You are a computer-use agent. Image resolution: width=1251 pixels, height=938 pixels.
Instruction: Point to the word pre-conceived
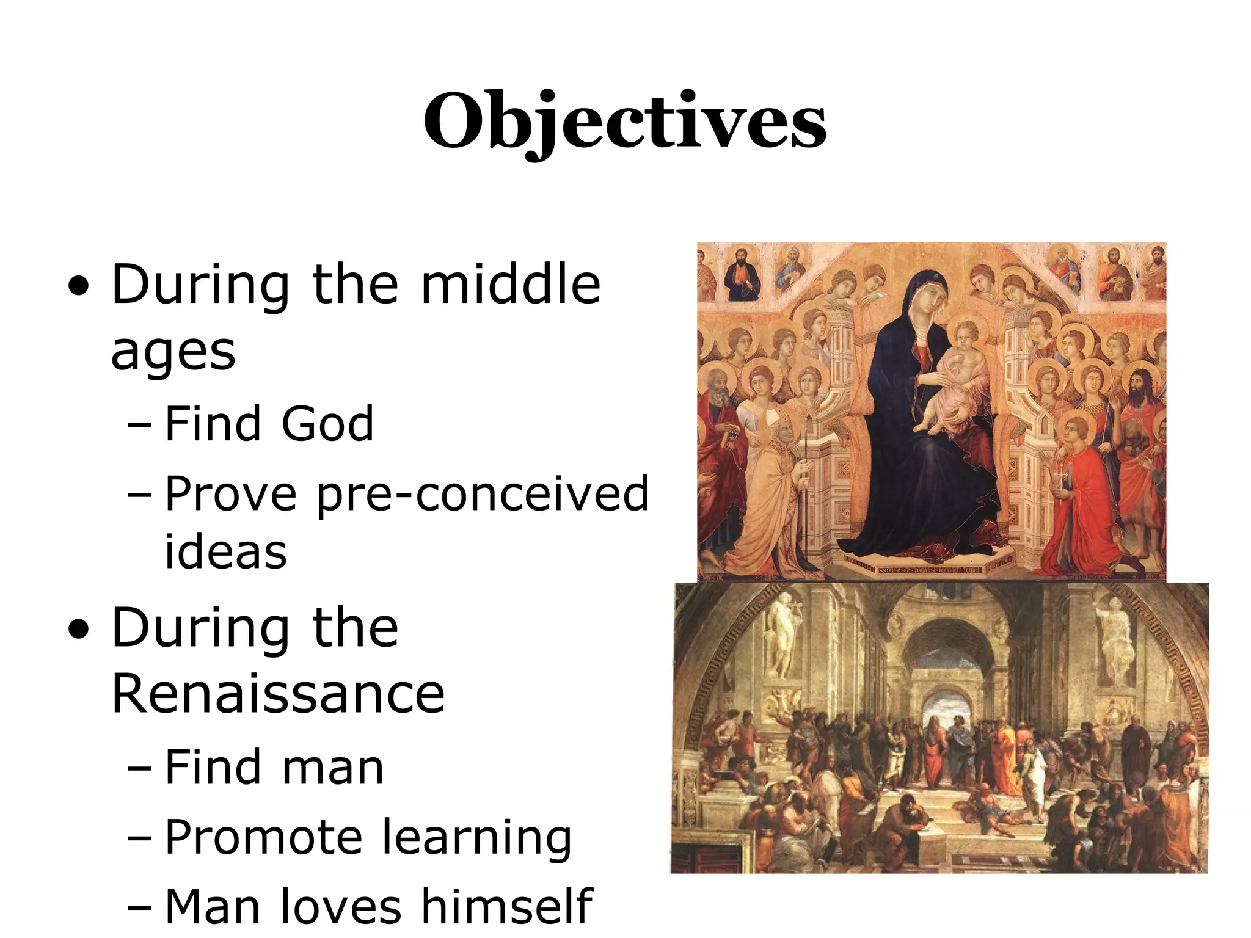pos(483,493)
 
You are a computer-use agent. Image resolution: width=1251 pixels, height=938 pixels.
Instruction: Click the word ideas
pos(225,551)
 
